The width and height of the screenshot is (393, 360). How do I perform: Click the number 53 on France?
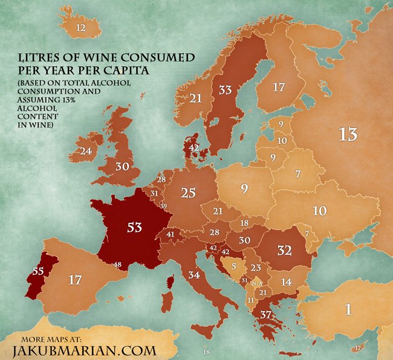[x=134, y=227]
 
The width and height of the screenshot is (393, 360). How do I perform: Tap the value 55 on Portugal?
[x=37, y=272]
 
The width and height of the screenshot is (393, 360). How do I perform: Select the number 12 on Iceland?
[x=80, y=28]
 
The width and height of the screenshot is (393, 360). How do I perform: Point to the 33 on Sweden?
[x=225, y=90]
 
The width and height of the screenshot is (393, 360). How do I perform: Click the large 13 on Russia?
[x=348, y=134]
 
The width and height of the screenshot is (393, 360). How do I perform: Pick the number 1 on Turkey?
[x=348, y=309]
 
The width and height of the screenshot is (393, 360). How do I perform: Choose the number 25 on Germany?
[x=188, y=193]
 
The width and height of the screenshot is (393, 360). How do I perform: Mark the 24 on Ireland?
[x=85, y=151]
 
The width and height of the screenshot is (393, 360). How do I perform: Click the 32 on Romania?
[x=284, y=250]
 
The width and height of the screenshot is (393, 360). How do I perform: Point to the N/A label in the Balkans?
[x=257, y=283]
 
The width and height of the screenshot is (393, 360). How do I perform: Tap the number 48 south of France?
[x=117, y=265]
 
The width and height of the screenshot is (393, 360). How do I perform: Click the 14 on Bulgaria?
[x=285, y=281]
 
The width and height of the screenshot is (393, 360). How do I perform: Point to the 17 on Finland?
[x=278, y=88]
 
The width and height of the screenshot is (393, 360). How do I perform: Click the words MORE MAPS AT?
[x=57, y=337]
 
